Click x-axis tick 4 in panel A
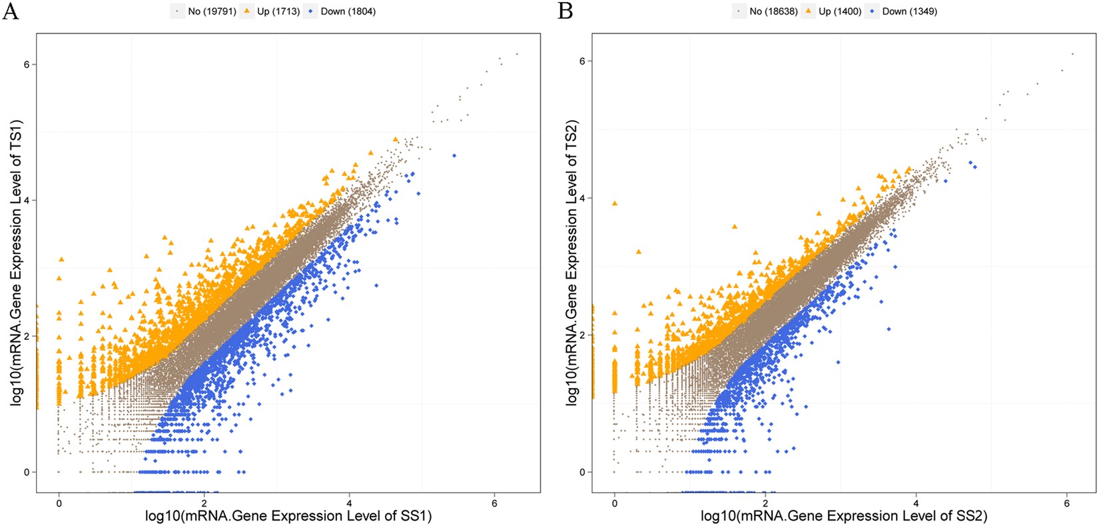[350, 503]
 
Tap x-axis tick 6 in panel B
[1067, 503]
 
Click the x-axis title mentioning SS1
[288, 516]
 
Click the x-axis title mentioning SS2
[844, 516]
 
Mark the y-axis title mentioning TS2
[571, 263]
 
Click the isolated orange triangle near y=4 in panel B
[615, 203]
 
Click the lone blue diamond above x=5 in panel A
[454, 155]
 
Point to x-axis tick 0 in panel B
[614, 503]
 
